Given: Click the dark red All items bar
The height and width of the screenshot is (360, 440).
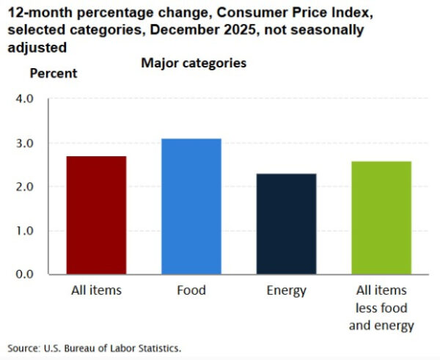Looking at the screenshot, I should point(96,216).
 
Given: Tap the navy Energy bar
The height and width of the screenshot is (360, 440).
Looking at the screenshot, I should point(286,224).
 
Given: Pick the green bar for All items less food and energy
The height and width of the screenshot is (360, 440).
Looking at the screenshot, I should point(381,218).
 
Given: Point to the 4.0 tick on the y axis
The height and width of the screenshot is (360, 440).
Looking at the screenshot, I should point(24,99).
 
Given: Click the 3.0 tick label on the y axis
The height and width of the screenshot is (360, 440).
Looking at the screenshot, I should point(24,143).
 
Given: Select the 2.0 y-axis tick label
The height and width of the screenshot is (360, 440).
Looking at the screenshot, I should point(24,187).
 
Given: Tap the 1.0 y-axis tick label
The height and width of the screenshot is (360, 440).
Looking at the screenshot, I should point(24,231).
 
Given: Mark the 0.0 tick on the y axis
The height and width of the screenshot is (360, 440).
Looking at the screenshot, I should point(24,274).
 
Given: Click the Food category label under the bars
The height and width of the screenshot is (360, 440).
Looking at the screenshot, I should point(191,291).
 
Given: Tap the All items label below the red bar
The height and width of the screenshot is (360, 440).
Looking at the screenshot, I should point(96,291).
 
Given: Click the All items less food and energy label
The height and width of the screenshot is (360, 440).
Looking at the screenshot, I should point(381,308).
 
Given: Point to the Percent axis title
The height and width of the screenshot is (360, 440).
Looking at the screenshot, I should point(53,73).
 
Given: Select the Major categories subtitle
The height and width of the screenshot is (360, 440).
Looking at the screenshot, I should point(194,64).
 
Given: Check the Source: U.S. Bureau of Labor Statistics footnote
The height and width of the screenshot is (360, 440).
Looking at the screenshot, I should point(94,348).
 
